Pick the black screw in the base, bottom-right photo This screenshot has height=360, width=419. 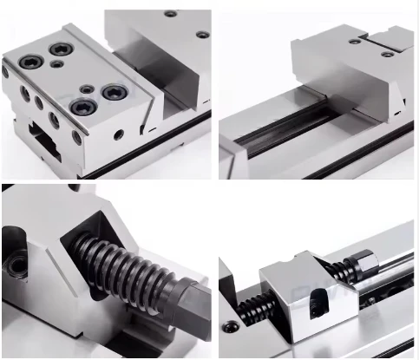(231, 327)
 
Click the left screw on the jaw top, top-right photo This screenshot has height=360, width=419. (356, 42)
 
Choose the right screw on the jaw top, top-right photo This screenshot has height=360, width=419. (388, 54)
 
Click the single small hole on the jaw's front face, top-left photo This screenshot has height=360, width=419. (118, 134)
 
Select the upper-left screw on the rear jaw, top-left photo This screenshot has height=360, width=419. (170, 14)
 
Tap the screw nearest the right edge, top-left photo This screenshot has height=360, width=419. (202, 35)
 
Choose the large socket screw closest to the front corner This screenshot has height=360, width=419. (82, 107)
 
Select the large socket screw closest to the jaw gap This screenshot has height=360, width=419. (116, 91)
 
